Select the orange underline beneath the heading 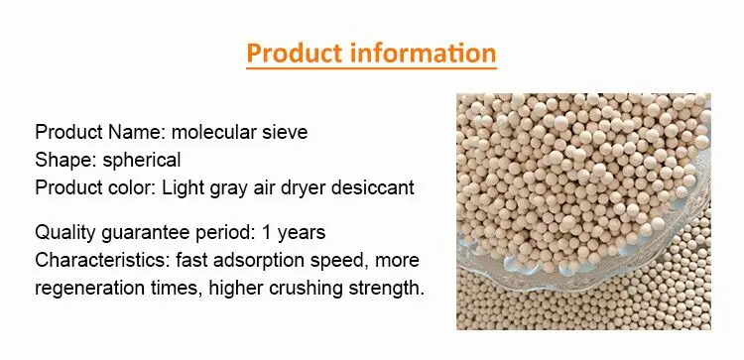coord(372,68)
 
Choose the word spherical coord(142,161)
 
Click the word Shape coord(65,160)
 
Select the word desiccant coord(372,187)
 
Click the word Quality coord(64,233)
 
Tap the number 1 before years coord(266,232)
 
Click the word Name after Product coord(137,132)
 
